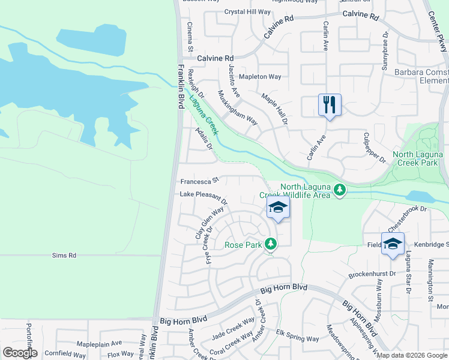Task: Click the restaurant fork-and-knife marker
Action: pos(330,105)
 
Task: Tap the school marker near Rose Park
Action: pos(278,208)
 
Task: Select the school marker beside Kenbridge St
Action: pos(393,244)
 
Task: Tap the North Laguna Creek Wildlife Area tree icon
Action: pos(340,190)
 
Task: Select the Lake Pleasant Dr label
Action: pos(203,196)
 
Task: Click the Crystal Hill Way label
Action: pos(247,11)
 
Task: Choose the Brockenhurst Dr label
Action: pos(372,275)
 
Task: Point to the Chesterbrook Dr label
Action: pos(406,217)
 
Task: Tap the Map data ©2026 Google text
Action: pos(412,355)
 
